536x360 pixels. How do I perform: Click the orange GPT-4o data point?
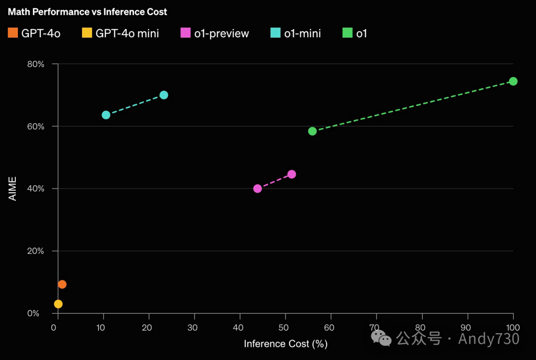click(62, 285)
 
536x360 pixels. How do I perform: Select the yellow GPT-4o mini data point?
click(58, 304)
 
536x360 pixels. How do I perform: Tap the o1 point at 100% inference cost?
click(513, 81)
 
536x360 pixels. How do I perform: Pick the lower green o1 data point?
click(312, 131)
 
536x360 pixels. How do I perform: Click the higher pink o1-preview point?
click(292, 174)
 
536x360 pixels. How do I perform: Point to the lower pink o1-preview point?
click(258, 189)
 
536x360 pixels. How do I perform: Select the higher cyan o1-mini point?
click(164, 95)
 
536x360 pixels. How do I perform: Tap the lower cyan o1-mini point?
click(106, 115)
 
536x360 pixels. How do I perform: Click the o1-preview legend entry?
click(221, 34)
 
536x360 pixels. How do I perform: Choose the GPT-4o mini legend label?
click(127, 34)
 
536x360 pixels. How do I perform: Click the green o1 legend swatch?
click(347, 33)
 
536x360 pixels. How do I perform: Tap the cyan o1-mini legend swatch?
click(275, 33)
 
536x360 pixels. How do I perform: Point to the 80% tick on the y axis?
click(35, 64)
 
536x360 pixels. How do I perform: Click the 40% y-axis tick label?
click(35, 189)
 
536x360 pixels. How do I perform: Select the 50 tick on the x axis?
click(285, 328)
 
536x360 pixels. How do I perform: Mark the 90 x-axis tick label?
click(467, 328)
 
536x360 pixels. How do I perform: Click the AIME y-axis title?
click(12, 189)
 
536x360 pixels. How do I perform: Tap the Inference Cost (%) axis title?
click(285, 344)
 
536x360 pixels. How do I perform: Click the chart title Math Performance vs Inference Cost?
click(87, 11)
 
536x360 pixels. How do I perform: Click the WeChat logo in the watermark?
click(382, 338)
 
